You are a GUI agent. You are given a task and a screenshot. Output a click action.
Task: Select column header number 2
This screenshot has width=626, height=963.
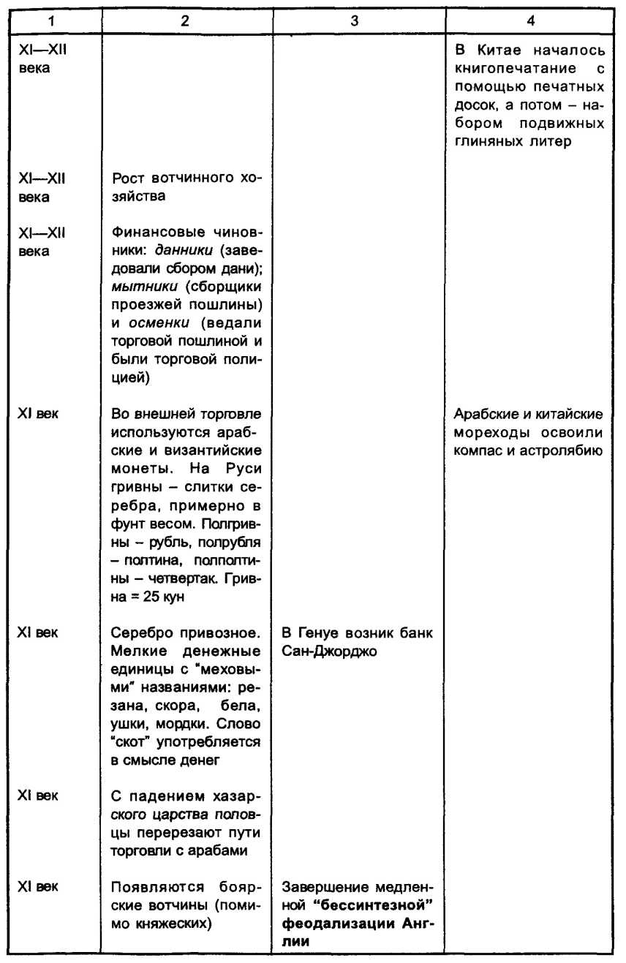(186, 21)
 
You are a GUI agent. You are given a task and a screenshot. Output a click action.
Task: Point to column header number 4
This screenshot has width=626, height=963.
(529, 21)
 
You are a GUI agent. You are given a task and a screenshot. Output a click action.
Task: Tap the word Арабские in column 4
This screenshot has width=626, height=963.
(483, 415)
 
